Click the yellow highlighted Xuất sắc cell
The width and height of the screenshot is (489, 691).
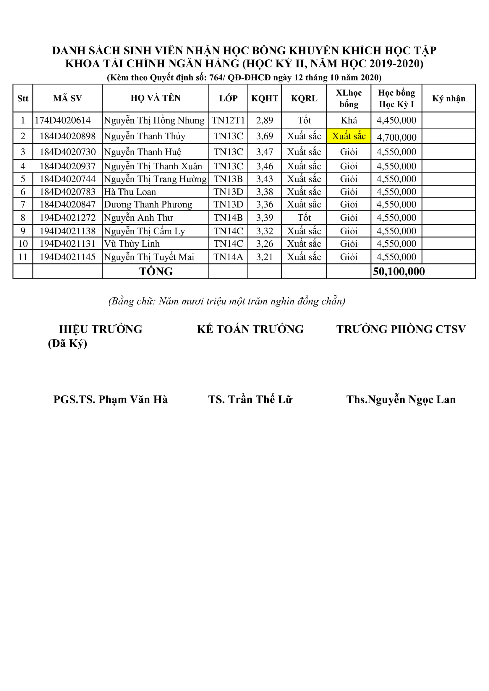click(x=349, y=136)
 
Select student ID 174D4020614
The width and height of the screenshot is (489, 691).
click(x=63, y=120)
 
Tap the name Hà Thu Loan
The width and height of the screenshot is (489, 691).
click(x=130, y=192)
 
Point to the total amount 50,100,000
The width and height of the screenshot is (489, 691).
click(x=399, y=271)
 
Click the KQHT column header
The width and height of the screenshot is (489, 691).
click(x=265, y=98)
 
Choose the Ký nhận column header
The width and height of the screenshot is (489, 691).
click(x=449, y=98)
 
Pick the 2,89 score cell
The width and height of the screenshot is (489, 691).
click(x=265, y=120)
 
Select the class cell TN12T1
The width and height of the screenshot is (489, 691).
click(x=228, y=120)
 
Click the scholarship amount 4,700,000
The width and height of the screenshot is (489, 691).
click(x=396, y=137)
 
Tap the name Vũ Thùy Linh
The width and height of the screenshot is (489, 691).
click(x=132, y=244)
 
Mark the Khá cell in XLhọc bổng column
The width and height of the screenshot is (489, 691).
click(x=349, y=120)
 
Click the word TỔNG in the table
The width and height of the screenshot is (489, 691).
click(x=156, y=271)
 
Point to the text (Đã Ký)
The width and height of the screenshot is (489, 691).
click(x=67, y=343)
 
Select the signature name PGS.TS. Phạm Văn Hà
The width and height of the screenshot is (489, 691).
click(x=111, y=399)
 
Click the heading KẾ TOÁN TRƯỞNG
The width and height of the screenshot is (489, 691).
click(x=250, y=329)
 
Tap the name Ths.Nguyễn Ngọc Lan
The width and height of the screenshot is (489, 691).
click(x=401, y=399)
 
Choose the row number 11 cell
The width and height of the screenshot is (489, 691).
click(x=23, y=257)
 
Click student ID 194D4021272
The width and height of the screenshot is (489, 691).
click(x=67, y=218)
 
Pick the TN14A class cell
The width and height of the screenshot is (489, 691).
click(x=228, y=257)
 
